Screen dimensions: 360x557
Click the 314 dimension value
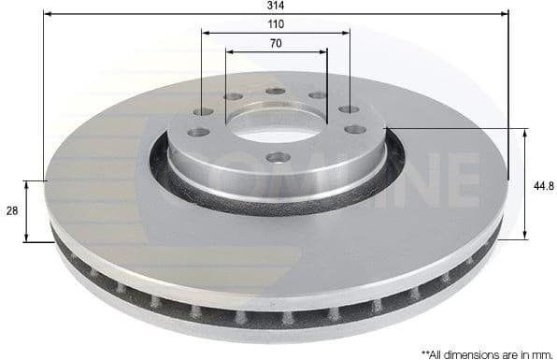pyautogui.click(x=276, y=6)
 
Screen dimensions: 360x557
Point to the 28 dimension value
pyautogui.click(x=12, y=211)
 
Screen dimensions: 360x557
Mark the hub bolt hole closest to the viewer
pyautogui.click(x=278, y=157)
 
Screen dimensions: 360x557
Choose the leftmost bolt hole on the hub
pyautogui.click(x=197, y=132)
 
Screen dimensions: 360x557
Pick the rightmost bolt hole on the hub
pyautogui.click(x=355, y=129)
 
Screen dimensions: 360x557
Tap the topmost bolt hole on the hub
pyautogui.click(x=275, y=91)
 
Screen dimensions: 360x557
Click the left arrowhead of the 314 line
pyautogui.click(x=48, y=13)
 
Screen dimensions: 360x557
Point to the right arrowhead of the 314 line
pyautogui.click(x=505, y=13)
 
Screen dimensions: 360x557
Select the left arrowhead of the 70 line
pyautogui.click(x=230, y=51)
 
